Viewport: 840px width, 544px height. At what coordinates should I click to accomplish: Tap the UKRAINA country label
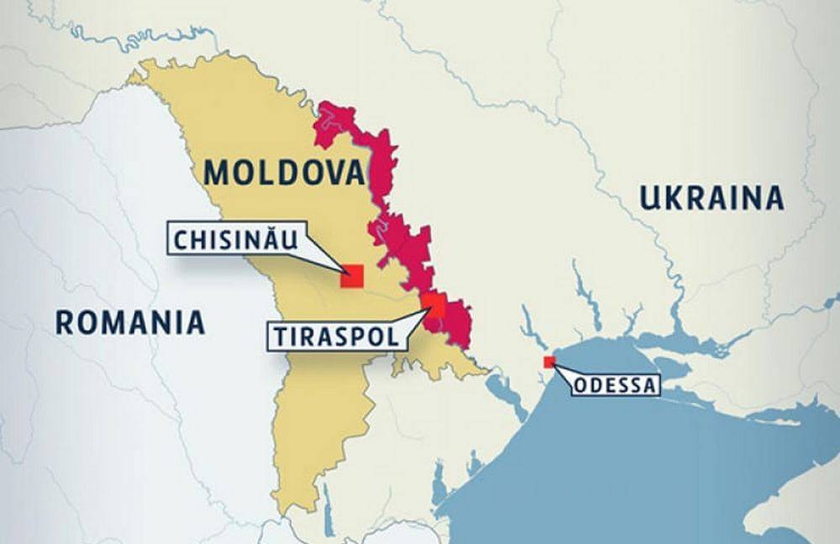(x=711, y=198)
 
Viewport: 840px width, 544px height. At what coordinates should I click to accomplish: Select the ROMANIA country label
(x=130, y=322)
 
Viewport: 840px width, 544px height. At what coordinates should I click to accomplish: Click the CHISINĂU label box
(x=235, y=240)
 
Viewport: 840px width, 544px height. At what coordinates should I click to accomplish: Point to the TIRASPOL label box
(x=334, y=336)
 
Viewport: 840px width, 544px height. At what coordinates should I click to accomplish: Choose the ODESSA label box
(x=617, y=386)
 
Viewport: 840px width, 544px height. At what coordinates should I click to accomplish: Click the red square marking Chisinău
(x=351, y=276)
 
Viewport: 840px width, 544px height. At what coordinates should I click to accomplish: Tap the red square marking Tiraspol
(x=433, y=306)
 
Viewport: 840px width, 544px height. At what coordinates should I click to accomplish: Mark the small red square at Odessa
(x=549, y=362)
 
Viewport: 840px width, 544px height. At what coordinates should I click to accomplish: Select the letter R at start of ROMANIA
(x=65, y=322)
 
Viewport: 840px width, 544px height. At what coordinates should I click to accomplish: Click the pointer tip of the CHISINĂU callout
(x=342, y=270)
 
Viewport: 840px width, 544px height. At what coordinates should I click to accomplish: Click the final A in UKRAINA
(x=774, y=198)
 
